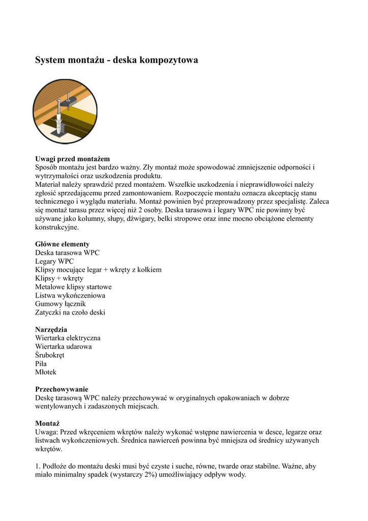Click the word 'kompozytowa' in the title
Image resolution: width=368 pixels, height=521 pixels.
169,61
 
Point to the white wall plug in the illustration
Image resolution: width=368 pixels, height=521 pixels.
60,122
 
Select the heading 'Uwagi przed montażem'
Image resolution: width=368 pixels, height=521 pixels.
72,159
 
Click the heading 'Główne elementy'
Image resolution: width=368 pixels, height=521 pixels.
62,244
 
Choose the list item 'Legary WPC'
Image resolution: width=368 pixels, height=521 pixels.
54,261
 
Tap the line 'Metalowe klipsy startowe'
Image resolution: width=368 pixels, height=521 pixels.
73,286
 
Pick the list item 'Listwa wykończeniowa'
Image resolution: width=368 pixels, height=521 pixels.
70,295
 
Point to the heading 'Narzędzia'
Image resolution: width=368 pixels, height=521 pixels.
51,329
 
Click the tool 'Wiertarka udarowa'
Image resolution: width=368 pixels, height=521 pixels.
64,346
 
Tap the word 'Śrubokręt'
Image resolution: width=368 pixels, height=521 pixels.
50,355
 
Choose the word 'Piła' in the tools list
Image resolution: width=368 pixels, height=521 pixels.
41,364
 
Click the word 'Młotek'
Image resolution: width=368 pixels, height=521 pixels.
46,372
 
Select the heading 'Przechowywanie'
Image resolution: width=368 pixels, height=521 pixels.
62,389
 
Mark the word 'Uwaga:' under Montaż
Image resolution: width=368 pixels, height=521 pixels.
47,432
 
